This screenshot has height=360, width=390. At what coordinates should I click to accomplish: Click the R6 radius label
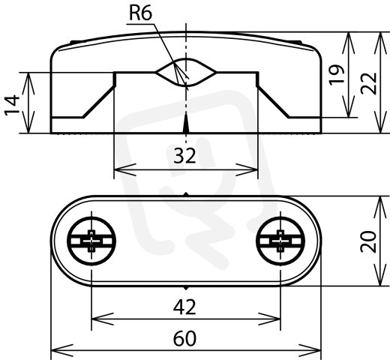tap(140, 13)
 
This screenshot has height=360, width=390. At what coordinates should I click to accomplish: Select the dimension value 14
tap(12, 104)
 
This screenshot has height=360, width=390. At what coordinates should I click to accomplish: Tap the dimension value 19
tap(337, 75)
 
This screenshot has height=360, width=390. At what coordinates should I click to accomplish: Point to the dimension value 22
tap(369, 84)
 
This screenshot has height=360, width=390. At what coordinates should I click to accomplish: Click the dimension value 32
tap(184, 156)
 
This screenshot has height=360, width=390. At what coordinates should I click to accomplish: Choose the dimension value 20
tap(368, 242)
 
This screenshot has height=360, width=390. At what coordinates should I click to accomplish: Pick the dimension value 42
tap(184, 307)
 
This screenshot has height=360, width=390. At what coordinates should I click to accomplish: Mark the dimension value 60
tap(184, 338)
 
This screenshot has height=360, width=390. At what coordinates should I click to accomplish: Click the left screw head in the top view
tap(91, 241)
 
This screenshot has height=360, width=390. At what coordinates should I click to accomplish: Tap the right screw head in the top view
tap(280, 241)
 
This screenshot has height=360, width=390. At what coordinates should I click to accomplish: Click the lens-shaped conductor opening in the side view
tap(186, 73)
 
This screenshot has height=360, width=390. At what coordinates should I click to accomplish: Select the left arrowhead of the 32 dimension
tap(125, 169)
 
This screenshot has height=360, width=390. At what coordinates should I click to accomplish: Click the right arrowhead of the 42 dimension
tap(269, 319)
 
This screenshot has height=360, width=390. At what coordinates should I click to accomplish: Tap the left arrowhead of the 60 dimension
tap(62, 350)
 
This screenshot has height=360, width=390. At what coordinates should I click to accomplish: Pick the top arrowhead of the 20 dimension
tap(380, 207)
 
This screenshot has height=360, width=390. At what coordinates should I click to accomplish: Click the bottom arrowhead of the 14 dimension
tap(28, 122)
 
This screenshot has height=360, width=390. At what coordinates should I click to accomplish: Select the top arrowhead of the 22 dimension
tap(380, 43)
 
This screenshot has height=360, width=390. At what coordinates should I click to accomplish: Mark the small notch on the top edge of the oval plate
tap(186, 194)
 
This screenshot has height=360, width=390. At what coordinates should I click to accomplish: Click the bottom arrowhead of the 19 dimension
tap(348, 106)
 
